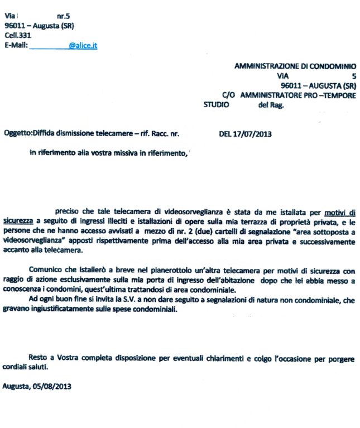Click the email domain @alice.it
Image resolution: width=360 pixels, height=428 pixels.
[83, 47]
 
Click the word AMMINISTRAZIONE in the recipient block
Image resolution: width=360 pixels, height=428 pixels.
[265, 65]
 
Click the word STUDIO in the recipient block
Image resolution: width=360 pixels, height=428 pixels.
[216, 104]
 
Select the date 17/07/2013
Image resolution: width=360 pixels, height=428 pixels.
[255, 134]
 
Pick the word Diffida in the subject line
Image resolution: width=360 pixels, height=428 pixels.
[45, 134]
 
